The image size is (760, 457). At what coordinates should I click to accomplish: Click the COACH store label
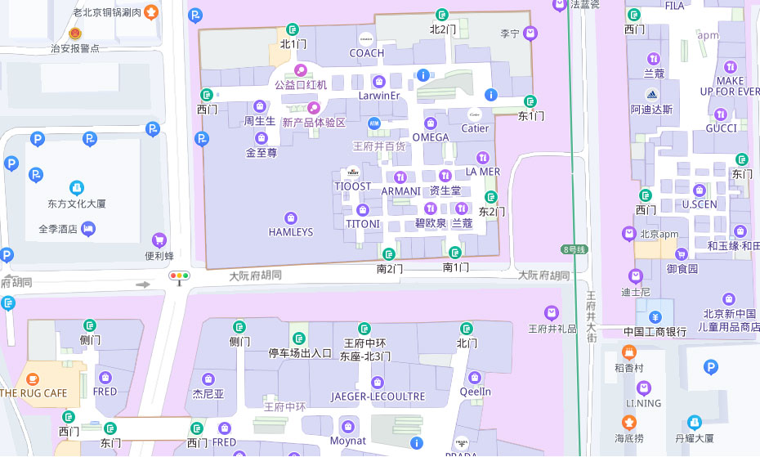point(366,53)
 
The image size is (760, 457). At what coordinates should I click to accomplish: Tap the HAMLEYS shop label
point(290,232)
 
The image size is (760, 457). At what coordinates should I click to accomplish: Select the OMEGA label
point(430,137)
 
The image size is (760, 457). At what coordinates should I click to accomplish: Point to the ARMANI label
point(400,191)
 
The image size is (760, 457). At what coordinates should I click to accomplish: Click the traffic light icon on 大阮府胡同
point(178,276)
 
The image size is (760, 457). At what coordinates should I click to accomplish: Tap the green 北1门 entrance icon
point(293,30)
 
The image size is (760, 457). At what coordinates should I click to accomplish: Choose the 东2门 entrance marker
point(491,197)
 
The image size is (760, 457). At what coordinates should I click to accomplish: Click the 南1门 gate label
point(456,267)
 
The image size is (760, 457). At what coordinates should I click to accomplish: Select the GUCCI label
point(721,128)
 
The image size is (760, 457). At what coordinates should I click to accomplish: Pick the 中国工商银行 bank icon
point(655,317)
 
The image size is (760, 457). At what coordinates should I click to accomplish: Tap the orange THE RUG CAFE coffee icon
point(33,379)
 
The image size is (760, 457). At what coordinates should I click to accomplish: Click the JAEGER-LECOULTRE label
point(378,397)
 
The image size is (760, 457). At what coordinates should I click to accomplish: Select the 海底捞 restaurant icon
point(628,423)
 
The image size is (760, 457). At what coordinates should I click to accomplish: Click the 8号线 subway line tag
point(574,249)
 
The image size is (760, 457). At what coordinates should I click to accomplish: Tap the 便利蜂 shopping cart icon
point(159,240)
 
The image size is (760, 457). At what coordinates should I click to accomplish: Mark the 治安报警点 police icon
point(75,34)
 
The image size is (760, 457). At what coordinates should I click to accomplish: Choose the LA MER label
point(482,172)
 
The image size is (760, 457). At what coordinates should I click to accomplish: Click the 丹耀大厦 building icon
point(694,423)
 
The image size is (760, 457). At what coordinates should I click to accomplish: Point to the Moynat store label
point(348,441)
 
